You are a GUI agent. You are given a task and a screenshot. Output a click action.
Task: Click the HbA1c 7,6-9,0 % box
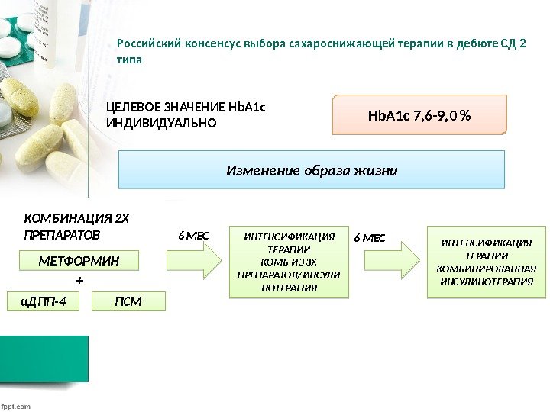click(x=419, y=115)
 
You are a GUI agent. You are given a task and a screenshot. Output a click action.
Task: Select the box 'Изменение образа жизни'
click(x=312, y=169)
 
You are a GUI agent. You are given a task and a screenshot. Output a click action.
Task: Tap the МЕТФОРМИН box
click(x=79, y=261)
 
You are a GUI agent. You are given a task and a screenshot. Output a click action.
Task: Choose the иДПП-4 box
click(x=43, y=301)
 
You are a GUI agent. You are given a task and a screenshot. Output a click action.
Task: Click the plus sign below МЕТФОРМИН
click(x=79, y=282)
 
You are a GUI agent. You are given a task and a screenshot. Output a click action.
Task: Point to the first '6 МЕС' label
click(x=193, y=237)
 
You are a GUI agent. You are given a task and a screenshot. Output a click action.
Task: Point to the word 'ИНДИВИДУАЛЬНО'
click(x=161, y=122)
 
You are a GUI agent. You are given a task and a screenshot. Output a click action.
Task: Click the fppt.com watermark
click(x=16, y=406)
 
